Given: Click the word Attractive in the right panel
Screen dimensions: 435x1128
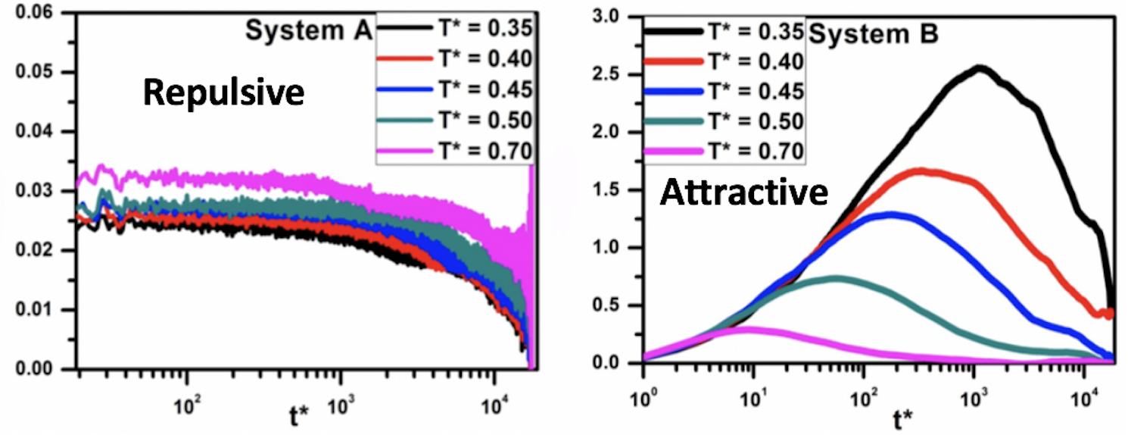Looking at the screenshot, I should click(x=743, y=193).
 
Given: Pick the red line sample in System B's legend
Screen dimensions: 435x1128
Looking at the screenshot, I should click(x=672, y=61).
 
